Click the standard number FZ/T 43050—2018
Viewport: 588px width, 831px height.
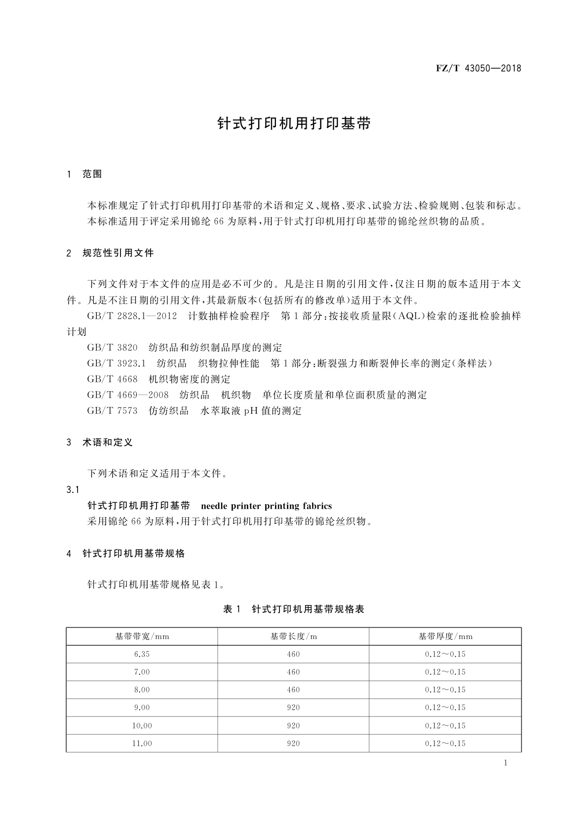(478, 68)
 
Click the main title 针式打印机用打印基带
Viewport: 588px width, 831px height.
(294, 123)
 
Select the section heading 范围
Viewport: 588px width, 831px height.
(92, 174)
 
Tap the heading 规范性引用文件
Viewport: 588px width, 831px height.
(118, 253)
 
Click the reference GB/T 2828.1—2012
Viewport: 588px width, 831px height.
(132, 316)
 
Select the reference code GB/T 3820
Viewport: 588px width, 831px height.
(112, 347)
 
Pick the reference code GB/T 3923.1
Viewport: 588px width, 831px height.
(116, 363)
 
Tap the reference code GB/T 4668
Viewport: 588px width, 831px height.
(112, 379)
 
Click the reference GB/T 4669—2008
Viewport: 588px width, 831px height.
(128, 395)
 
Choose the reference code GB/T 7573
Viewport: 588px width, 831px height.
(112, 411)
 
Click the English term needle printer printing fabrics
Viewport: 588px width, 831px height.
(267, 506)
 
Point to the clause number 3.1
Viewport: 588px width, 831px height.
(73, 490)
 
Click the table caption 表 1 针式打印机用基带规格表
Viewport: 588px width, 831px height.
(294, 609)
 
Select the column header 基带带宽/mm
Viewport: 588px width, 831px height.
(142, 637)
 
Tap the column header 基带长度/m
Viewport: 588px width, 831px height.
(293, 637)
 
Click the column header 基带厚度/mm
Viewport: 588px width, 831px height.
(445, 637)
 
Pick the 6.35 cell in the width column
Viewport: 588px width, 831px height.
(142, 654)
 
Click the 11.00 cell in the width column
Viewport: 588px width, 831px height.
(142, 743)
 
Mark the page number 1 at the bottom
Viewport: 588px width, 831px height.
(506, 763)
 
